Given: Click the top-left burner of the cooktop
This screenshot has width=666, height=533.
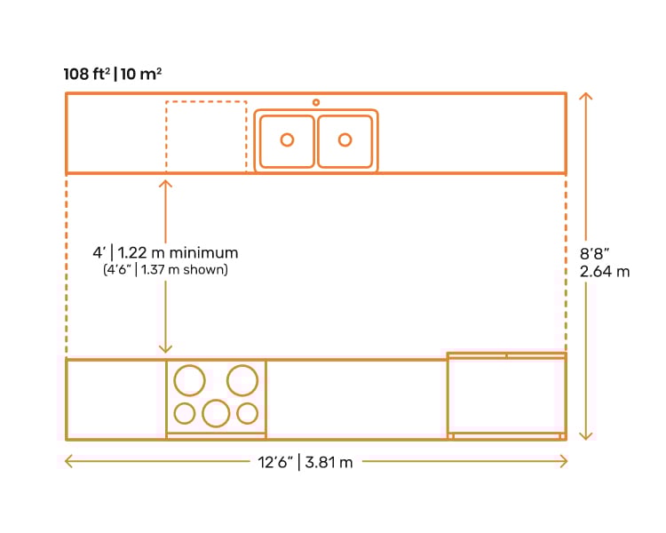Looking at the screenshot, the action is [189, 365].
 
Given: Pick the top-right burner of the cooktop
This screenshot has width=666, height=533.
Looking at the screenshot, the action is [242, 365].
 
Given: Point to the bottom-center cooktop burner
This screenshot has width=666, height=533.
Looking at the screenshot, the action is [216, 401].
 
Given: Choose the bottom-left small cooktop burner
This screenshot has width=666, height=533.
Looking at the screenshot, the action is [185, 403].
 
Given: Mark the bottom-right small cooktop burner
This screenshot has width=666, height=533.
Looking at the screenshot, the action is [247, 403].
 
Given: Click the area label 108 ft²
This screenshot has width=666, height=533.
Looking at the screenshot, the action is [87, 74].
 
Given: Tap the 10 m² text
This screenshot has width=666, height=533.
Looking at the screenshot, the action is [141, 74].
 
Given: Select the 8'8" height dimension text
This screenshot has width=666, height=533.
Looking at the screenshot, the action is [594, 254].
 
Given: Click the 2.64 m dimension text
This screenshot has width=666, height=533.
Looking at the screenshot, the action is [605, 272].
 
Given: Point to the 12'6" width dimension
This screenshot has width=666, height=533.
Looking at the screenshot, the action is [275, 462].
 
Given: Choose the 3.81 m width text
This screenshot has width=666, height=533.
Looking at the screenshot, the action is [329, 462].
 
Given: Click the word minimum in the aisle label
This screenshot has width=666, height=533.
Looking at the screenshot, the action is [203, 253].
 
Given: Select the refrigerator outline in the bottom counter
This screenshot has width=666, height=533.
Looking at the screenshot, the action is [448, 395].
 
